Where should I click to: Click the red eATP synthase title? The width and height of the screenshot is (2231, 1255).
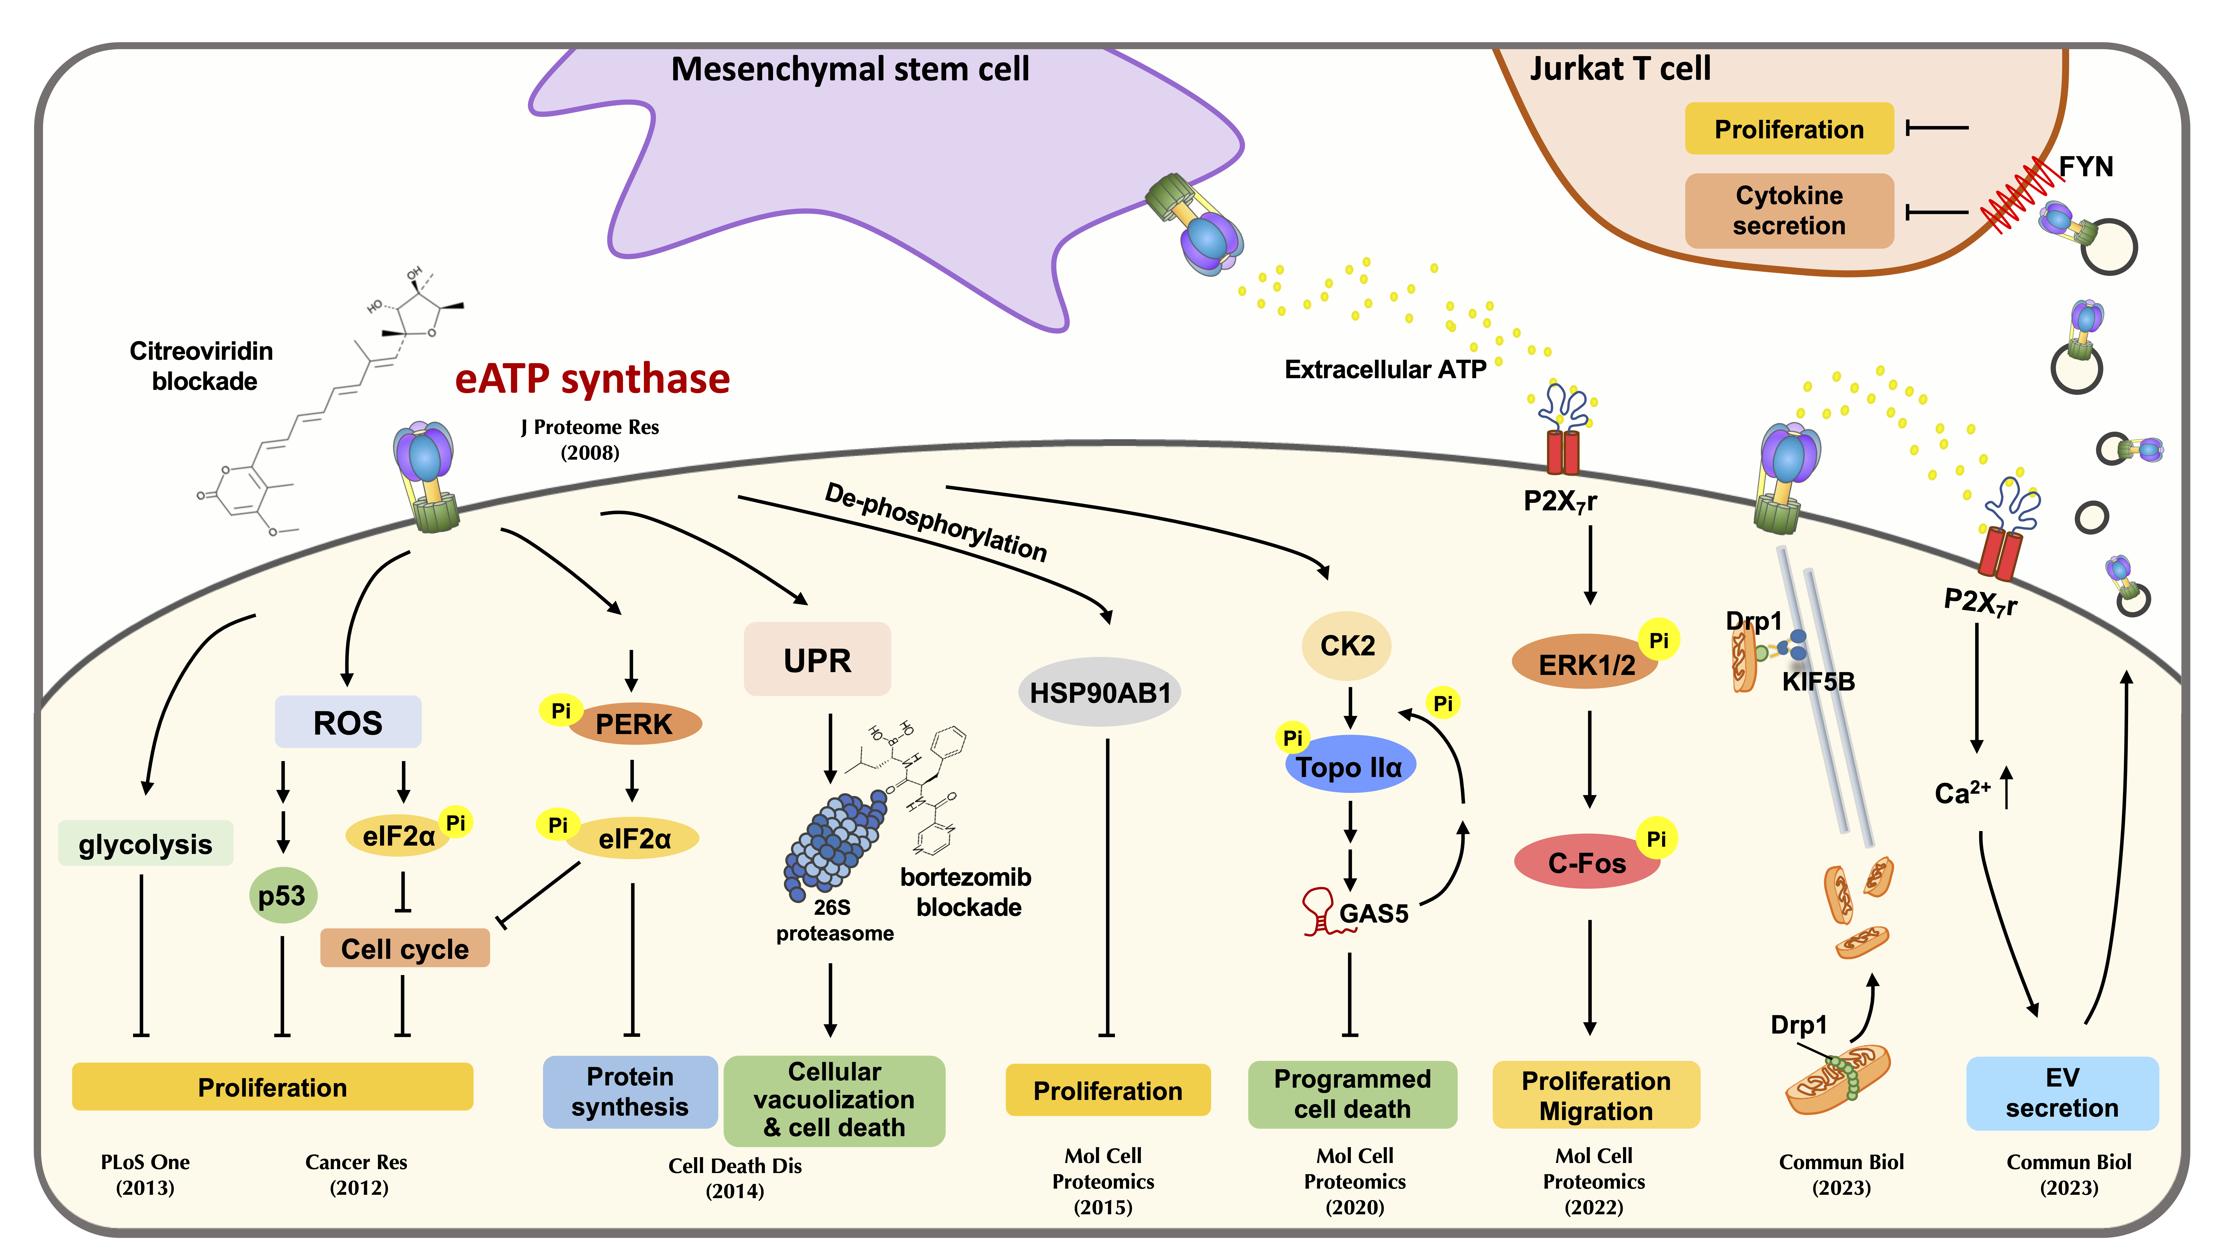point(592,378)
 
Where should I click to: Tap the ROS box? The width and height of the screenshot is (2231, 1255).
point(347,722)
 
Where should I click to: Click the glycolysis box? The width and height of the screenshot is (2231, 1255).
point(146,844)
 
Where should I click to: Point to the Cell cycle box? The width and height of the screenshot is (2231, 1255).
point(404,949)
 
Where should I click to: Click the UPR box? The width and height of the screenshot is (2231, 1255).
point(817,660)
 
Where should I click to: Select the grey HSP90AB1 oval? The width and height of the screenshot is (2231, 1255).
point(1099,693)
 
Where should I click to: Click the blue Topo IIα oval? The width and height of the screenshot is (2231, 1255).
point(1349,766)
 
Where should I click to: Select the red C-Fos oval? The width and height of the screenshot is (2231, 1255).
point(1587,863)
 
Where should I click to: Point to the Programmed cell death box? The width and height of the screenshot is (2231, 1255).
point(1352,1094)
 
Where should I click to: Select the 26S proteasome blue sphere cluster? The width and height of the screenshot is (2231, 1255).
point(834,844)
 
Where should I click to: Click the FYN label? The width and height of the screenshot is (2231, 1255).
point(2085,166)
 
